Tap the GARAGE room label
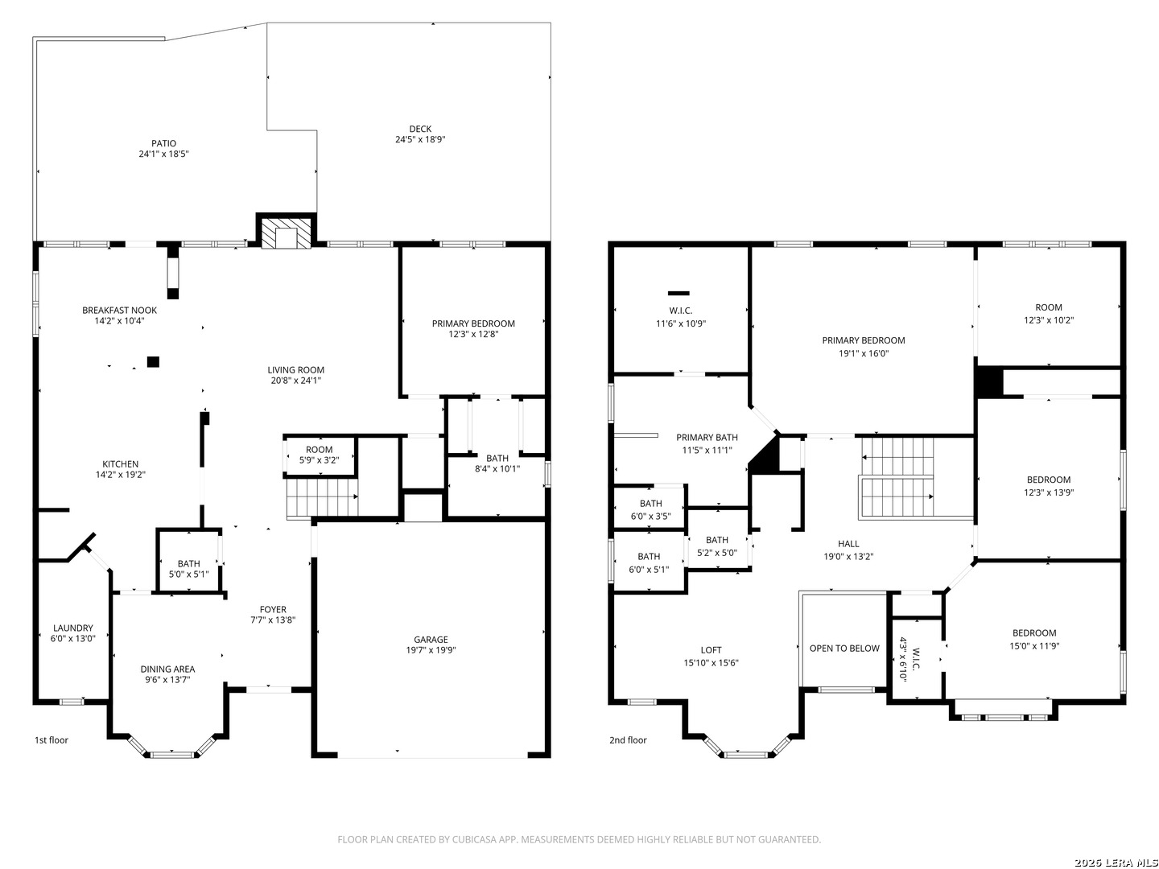(x=430, y=640)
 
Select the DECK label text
(x=420, y=129)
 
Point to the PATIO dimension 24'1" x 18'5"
(x=163, y=154)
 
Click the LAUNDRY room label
(x=73, y=628)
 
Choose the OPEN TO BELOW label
(x=843, y=649)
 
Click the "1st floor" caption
(x=52, y=740)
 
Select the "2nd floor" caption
(x=627, y=740)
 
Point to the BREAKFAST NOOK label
(x=119, y=311)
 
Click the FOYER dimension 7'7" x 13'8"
(x=273, y=620)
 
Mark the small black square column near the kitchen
(x=153, y=361)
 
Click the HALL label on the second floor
(x=848, y=543)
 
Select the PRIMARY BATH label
(x=707, y=438)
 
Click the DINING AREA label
(x=167, y=669)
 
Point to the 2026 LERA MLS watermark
(x=1116, y=863)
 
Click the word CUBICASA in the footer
(x=474, y=839)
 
